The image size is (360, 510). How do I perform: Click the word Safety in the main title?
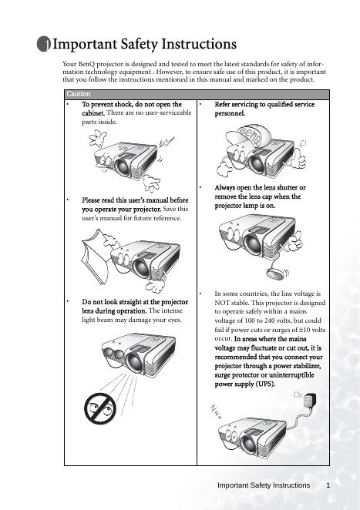point(139,44)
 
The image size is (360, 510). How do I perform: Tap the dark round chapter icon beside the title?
point(44,44)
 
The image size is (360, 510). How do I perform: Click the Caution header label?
point(79,94)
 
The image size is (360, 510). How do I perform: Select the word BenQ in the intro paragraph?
point(86,64)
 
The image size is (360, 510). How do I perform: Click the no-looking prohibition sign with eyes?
point(99,408)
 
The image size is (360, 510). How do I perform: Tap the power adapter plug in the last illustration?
point(310,400)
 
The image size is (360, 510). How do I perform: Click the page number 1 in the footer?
point(328,485)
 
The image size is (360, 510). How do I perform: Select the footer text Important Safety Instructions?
point(264,485)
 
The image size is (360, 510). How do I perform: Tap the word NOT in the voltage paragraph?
point(222,303)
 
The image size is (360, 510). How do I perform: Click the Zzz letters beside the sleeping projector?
point(216,411)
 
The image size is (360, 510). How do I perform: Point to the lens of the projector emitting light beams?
point(134,363)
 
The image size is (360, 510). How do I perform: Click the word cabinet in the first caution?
point(93,113)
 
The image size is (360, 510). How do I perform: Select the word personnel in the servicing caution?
point(230,113)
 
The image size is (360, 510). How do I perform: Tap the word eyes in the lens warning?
point(174,320)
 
